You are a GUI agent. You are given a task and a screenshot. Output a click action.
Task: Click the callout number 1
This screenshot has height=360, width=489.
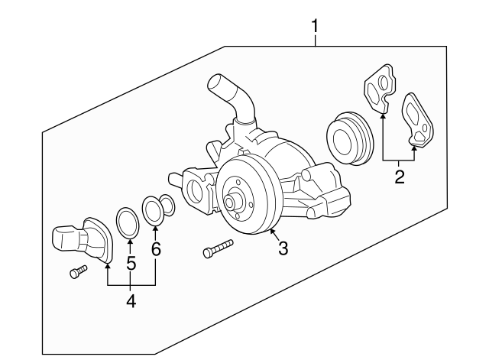click(x=314, y=27)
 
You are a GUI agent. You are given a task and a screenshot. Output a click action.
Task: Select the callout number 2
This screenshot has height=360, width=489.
click(x=398, y=178)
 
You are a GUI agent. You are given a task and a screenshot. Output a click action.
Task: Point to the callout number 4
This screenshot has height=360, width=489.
click(x=131, y=301)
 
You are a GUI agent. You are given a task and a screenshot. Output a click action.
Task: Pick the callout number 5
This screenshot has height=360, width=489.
click(x=130, y=263)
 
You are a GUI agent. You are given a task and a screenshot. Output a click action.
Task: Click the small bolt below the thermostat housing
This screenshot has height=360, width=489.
click(x=75, y=273)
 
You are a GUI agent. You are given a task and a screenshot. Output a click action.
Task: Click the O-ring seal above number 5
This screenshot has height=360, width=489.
click(x=128, y=221)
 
